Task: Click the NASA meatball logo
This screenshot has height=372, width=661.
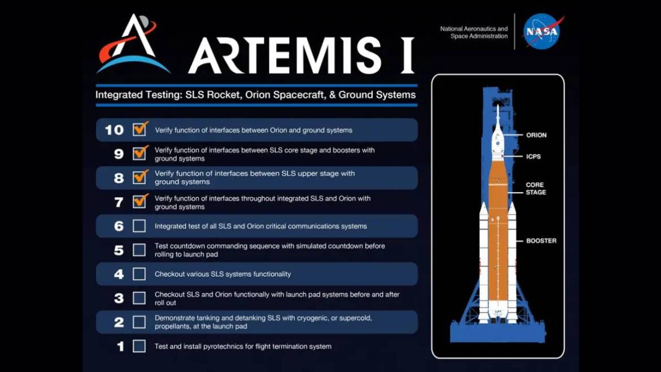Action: pos(542,32)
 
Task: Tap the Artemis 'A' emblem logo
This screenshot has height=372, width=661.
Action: pos(132,44)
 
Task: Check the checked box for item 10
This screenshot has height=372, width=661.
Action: pos(140,129)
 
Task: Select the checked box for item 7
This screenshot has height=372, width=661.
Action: pos(140,201)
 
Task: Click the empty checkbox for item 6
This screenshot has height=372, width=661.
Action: pos(139,226)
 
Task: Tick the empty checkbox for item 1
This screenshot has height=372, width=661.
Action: pos(139,346)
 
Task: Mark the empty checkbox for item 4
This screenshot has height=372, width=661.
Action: pos(139,274)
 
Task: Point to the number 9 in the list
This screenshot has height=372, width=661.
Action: pos(119,154)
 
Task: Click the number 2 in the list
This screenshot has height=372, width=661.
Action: pos(119,322)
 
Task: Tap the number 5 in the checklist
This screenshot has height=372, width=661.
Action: pos(119,250)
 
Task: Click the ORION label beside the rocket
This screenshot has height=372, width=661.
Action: pos(536,135)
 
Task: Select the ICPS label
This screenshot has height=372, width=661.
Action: pos(533,157)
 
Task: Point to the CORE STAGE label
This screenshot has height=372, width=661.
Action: pos(536,188)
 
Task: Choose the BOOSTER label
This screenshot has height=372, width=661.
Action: pos(541,241)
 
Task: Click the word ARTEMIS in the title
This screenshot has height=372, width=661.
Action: pos(285,55)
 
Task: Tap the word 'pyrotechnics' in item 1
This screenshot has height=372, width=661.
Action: pos(223,347)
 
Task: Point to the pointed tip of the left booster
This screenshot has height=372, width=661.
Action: pos(484,202)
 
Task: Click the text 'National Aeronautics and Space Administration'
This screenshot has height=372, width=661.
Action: pos(474,32)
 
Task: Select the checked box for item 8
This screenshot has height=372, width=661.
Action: pos(140,177)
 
